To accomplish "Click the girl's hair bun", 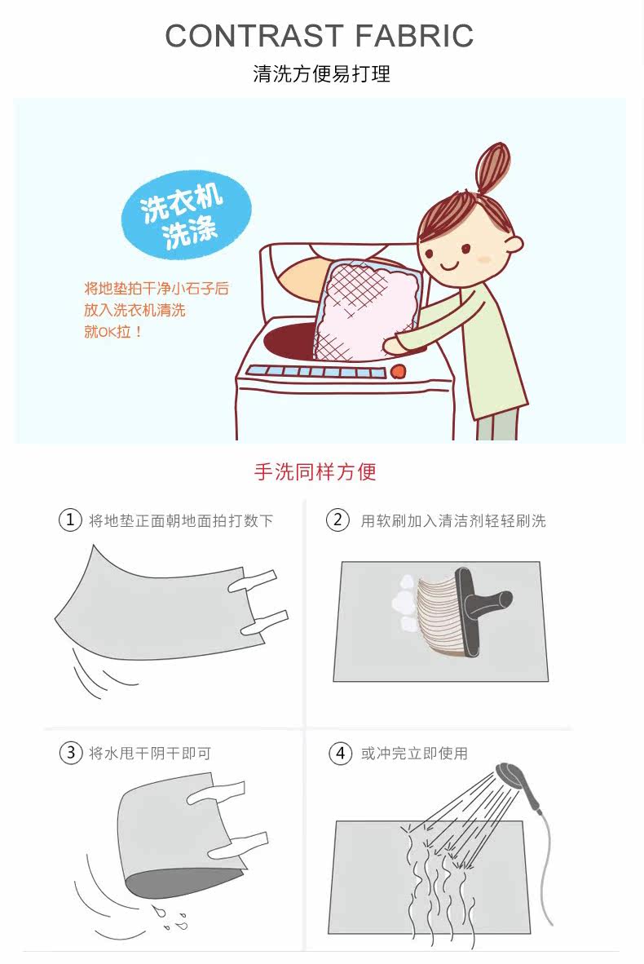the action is [x=493, y=166].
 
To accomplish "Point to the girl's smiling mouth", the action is [x=449, y=266].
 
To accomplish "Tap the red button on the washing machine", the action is [x=398, y=371].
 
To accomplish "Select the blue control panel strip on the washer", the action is [x=315, y=372].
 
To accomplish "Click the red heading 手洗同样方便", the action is [x=315, y=471].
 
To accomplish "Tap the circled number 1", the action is [x=70, y=520].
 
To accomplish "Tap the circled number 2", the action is [x=337, y=520].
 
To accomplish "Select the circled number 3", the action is [x=71, y=753].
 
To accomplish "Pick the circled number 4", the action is [x=341, y=753].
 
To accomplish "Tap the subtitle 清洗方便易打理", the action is [x=321, y=73].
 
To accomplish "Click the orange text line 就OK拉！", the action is [x=113, y=332].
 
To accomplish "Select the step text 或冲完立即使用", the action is [x=414, y=753].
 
